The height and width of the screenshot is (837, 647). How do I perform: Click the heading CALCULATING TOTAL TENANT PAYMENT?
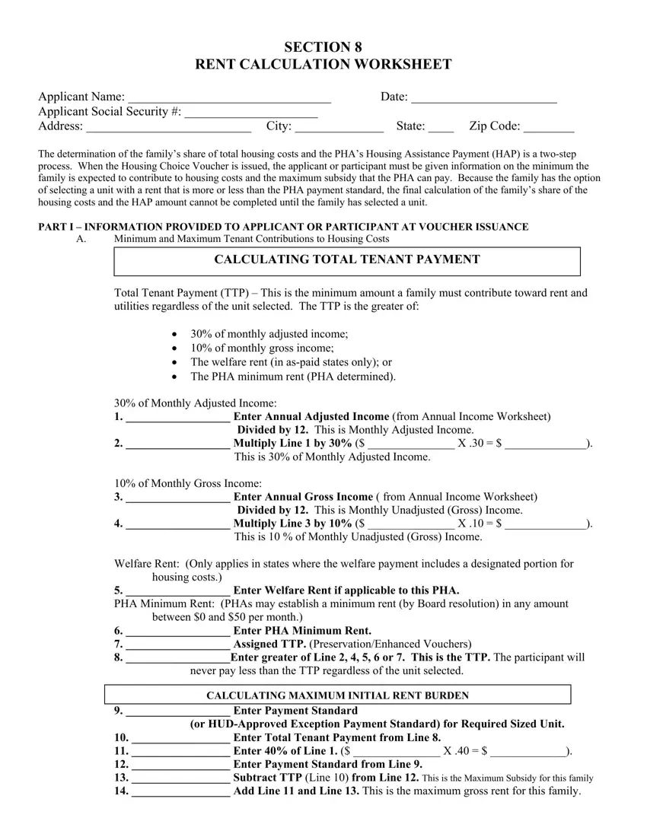(347, 259)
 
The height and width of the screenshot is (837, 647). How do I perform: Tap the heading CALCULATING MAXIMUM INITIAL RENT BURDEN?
(337, 695)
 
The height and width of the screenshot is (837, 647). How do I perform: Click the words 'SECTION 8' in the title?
(323, 47)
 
